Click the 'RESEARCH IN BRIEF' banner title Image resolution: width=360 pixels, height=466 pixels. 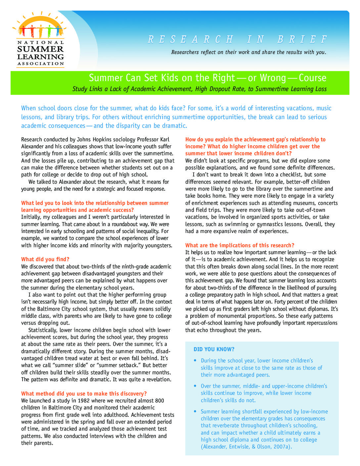click(237, 39)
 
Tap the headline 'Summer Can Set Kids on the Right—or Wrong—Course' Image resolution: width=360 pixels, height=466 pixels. click(207, 78)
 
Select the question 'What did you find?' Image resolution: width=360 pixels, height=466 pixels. click(45, 259)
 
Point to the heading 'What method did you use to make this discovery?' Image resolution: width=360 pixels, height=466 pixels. click(84, 394)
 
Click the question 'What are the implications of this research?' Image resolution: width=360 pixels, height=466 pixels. click(240, 245)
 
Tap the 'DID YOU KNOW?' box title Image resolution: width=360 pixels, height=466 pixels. click(214, 349)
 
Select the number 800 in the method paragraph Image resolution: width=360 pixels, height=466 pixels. click(159, 400)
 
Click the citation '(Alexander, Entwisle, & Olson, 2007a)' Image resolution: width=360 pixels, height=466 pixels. click(246, 446)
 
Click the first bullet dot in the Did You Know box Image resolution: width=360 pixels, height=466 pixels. click(195, 360)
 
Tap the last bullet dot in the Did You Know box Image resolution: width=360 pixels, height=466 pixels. click(195, 411)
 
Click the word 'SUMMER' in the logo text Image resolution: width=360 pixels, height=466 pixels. click(40, 49)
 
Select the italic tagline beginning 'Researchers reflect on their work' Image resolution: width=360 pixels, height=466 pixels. click(248, 52)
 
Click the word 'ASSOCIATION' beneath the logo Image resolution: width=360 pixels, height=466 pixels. click(41, 64)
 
